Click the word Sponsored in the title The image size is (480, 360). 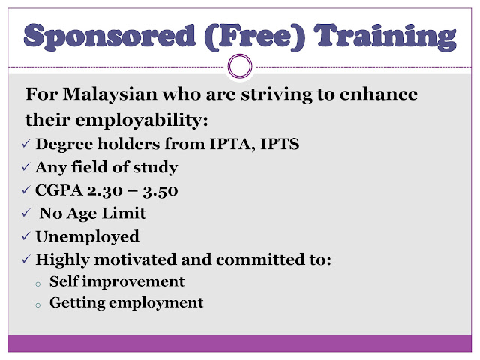point(109,37)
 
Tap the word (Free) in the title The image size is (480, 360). point(255,37)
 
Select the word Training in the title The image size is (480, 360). point(385,37)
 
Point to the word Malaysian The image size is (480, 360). point(110,94)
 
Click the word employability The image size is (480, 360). point(141,120)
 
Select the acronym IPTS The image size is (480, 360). point(280,144)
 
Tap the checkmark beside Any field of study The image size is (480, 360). point(26,167)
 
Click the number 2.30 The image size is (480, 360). point(105,190)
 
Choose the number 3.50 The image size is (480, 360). point(160,191)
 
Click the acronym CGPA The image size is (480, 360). point(59,190)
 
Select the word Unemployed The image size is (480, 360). point(87,237)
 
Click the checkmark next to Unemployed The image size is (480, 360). point(26,236)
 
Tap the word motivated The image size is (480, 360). point(135,259)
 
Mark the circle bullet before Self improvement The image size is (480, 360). point(38,284)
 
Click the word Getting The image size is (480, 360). point(77,303)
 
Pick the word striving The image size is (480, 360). point(277,94)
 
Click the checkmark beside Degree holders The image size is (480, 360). point(26,143)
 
